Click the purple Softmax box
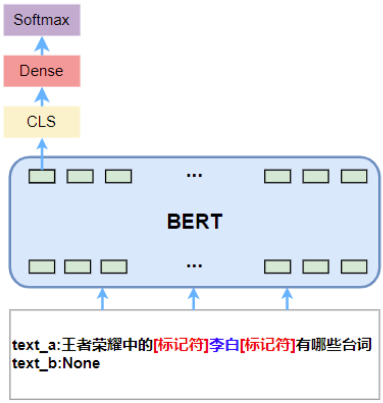(42, 20)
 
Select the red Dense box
(42, 71)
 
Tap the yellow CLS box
(42, 122)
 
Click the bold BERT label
(195, 221)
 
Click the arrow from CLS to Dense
(42, 96)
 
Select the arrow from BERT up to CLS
(42, 152)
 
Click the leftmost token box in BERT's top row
(42, 176)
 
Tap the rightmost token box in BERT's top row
(354, 176)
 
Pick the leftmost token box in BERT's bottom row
(42, 267)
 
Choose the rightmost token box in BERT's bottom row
(354, 267)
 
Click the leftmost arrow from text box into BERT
(103, 299)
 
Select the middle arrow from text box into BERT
(194, 299)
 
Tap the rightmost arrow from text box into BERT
(286, 299)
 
